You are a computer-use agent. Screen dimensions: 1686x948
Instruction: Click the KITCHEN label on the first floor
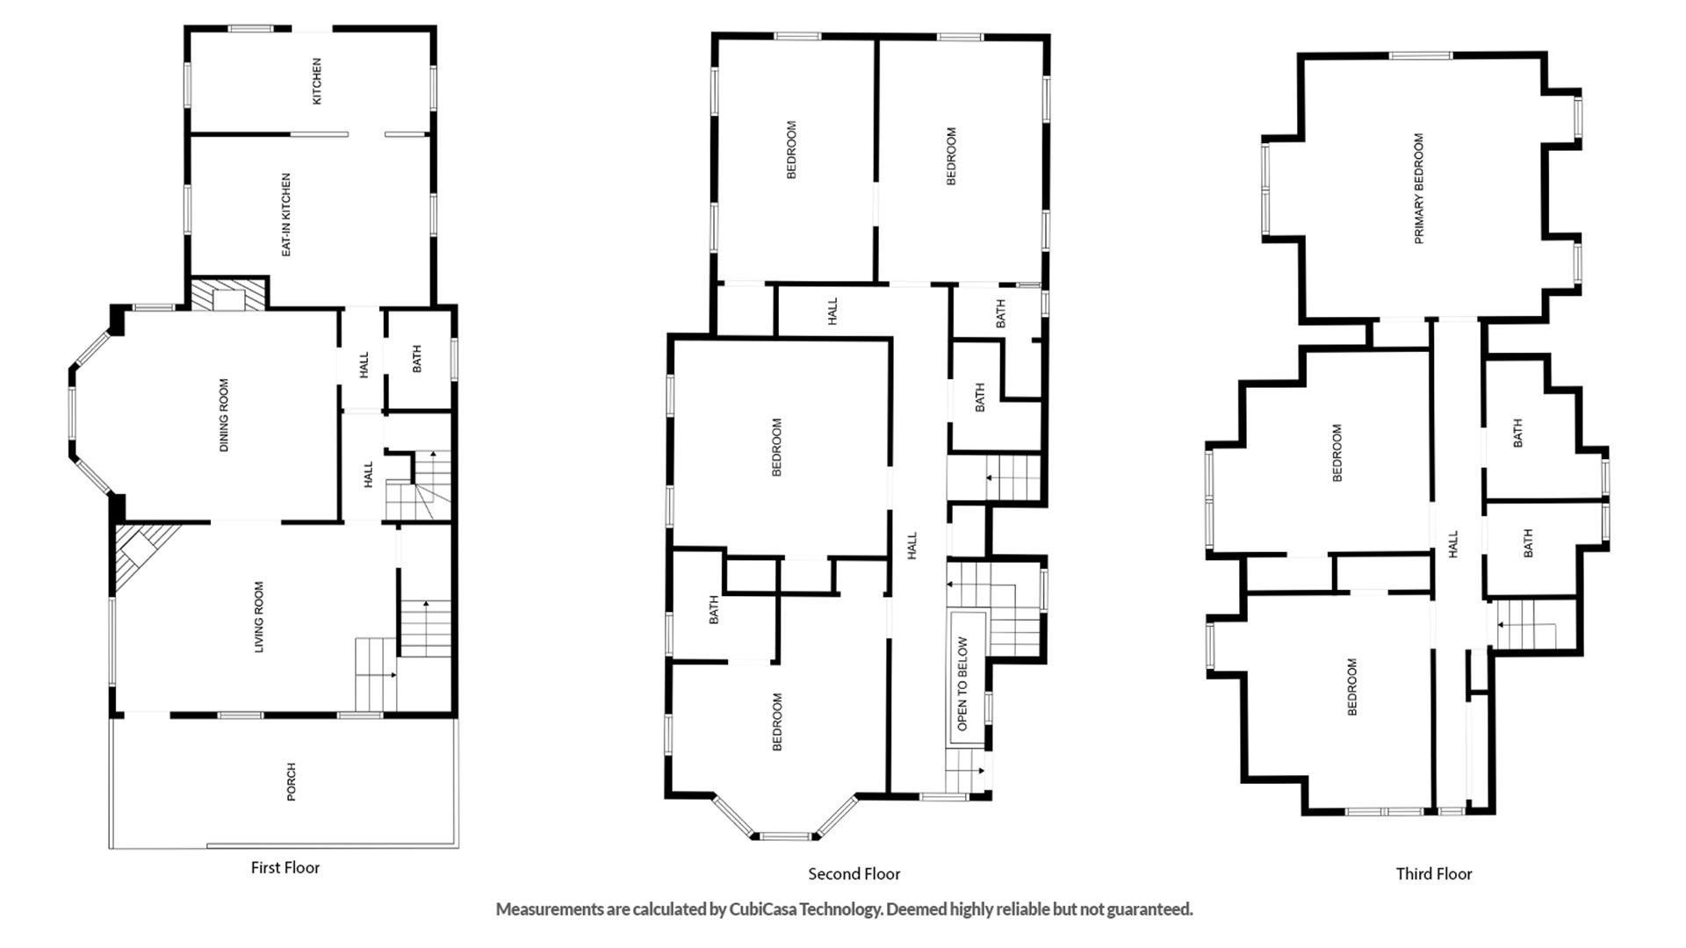(317, 82)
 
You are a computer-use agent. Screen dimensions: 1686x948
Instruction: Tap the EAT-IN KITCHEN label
(286, 215)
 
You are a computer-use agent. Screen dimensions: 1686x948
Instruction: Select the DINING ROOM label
(224, 415)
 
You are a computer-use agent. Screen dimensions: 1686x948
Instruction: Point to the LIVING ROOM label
(259, 617)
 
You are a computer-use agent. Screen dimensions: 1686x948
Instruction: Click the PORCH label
(292, 781)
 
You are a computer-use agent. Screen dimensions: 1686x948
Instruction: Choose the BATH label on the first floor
(417, 358)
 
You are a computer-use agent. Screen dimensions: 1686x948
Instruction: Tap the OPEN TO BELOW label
(962, 684)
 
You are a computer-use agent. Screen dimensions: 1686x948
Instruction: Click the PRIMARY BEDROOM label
(1419, 189)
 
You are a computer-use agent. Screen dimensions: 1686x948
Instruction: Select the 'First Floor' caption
(285, 867)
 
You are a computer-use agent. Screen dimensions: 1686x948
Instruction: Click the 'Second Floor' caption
(854, 873)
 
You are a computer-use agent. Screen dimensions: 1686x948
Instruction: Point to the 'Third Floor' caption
(1434, 873)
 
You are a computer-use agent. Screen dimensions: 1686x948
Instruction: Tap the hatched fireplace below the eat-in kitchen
(228, 294)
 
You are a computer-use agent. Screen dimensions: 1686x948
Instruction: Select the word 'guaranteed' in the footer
(1149, 909)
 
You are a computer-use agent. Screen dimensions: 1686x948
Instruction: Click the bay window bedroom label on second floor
(777, 722)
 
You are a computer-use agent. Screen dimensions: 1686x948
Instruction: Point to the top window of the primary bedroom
(1420, 55)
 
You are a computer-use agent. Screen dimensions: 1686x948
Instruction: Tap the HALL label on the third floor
(1453, 543)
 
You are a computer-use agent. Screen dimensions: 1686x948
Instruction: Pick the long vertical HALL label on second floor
(911, 545)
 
